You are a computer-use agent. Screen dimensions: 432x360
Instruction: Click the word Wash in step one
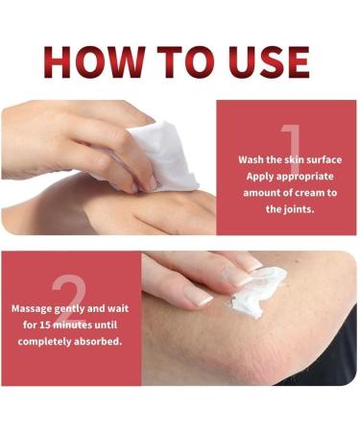coord(252,159)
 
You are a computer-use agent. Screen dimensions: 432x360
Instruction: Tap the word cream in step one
coord(305,192)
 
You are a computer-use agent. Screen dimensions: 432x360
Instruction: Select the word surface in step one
coord(324,159)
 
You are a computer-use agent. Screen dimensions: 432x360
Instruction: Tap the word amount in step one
coord(259,192)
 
